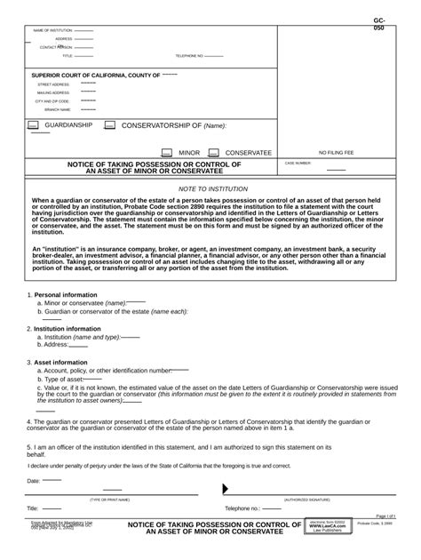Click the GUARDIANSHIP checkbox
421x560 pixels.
tap(33, 126)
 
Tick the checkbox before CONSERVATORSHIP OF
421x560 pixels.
tap(109, 126)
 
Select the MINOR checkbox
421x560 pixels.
tap(166, 153)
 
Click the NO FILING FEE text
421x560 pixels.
tap(336, 153)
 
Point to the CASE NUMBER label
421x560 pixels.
tap(298, 164)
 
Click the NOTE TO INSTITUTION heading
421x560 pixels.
tap(213, 189)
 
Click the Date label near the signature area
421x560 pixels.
tap(34, 480)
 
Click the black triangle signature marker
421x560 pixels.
tap(226, 489)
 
